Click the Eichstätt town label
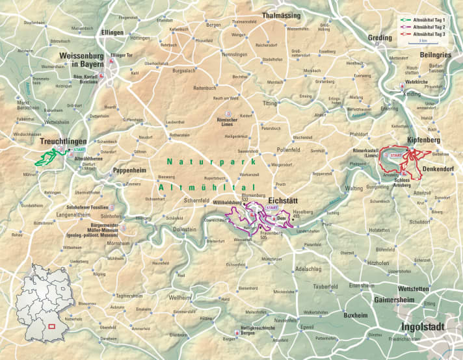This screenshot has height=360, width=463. click(x=285, y=201)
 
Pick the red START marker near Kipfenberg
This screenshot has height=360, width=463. click(x=395, y=156)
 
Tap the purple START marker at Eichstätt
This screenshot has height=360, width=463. click(x=272, y=208)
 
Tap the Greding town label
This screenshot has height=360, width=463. click(x=380, y=38)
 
